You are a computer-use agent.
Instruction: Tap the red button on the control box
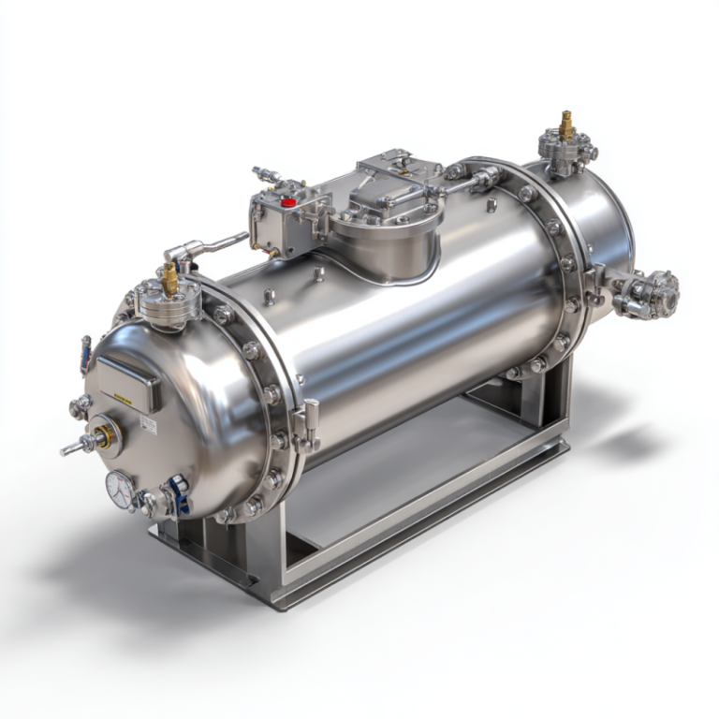(289, 201)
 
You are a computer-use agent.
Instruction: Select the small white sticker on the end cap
(148, 423)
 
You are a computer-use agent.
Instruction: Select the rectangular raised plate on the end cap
(129, 378)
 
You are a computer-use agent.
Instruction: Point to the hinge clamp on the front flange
(306, 422)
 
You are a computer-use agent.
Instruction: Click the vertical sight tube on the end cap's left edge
(85, 355)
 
